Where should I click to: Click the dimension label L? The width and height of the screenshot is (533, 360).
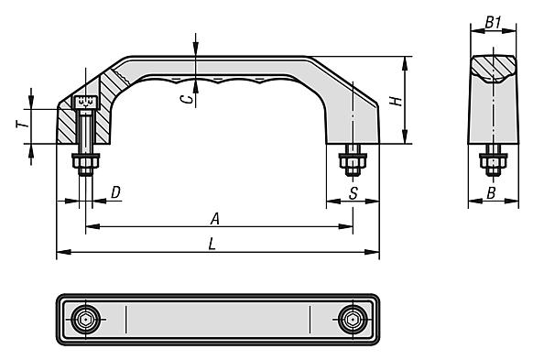point(212,244)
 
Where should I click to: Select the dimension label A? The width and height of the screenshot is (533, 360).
point(215,219)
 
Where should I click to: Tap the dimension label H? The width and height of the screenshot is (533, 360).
point(396,101)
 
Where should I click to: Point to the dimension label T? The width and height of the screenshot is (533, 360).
point(22,125)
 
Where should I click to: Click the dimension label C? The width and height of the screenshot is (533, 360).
point(186,99)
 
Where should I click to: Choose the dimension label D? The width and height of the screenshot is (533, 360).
point(115,192)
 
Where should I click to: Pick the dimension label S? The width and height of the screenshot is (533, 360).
point(354,193)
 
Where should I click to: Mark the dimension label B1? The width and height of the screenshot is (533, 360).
point(493,22)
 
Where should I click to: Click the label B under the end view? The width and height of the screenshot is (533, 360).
point(491,193)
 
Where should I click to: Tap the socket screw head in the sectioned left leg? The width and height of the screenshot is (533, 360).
point(85,103)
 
